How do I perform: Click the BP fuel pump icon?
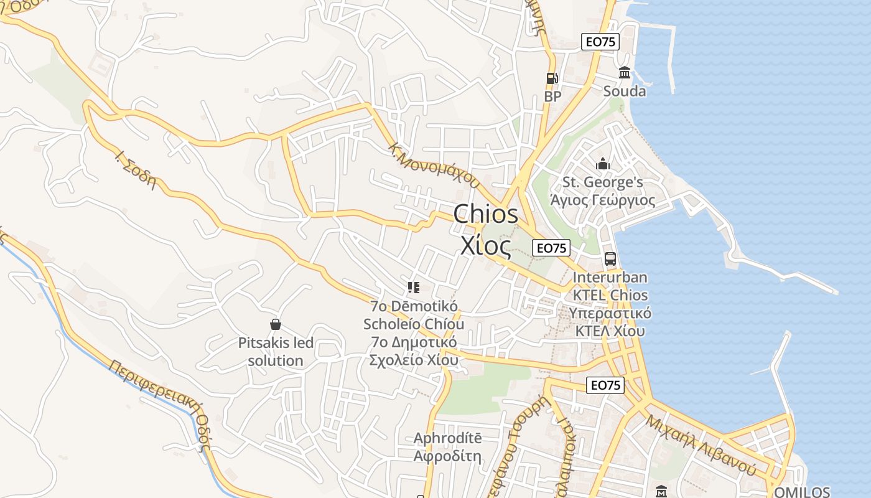[x=552, y=78]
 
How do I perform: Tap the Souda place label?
[x=625, y=92]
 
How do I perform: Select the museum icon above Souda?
[x=625, y=73]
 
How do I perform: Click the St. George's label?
[x=602, y=182]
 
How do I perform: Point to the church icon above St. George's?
[x=602, y=164]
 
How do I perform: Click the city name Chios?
[x=485, y=214]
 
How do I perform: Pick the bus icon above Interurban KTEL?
[x=610, y=259]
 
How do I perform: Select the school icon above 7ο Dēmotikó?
[x=414, y=288]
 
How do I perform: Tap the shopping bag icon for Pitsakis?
[x=276, y=324]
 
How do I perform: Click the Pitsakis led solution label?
[x=276, y=352]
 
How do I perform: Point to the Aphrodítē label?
[x=447, y=438]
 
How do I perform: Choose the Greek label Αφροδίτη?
[x=447, y=456]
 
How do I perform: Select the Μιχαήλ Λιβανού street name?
[x=701, y=444]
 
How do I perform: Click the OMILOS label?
[x=801, y=492]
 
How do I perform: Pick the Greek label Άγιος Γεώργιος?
[x=602, y=200]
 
